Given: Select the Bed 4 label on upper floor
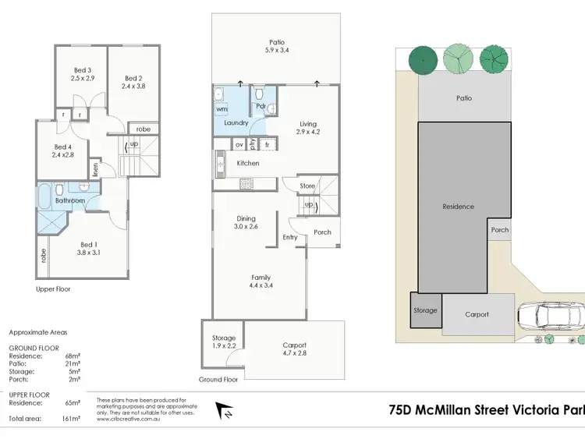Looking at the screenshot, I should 63,147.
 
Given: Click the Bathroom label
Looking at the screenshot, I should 69,200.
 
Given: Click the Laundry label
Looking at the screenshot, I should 236,123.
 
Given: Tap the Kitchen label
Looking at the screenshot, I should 248,163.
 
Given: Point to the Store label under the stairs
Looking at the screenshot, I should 308,186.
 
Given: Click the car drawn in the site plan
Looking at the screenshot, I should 549,316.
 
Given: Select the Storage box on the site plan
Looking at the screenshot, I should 426,310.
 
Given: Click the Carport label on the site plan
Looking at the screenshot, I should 477,314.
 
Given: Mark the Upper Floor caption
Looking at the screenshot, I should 53,289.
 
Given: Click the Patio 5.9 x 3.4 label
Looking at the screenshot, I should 277,48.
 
